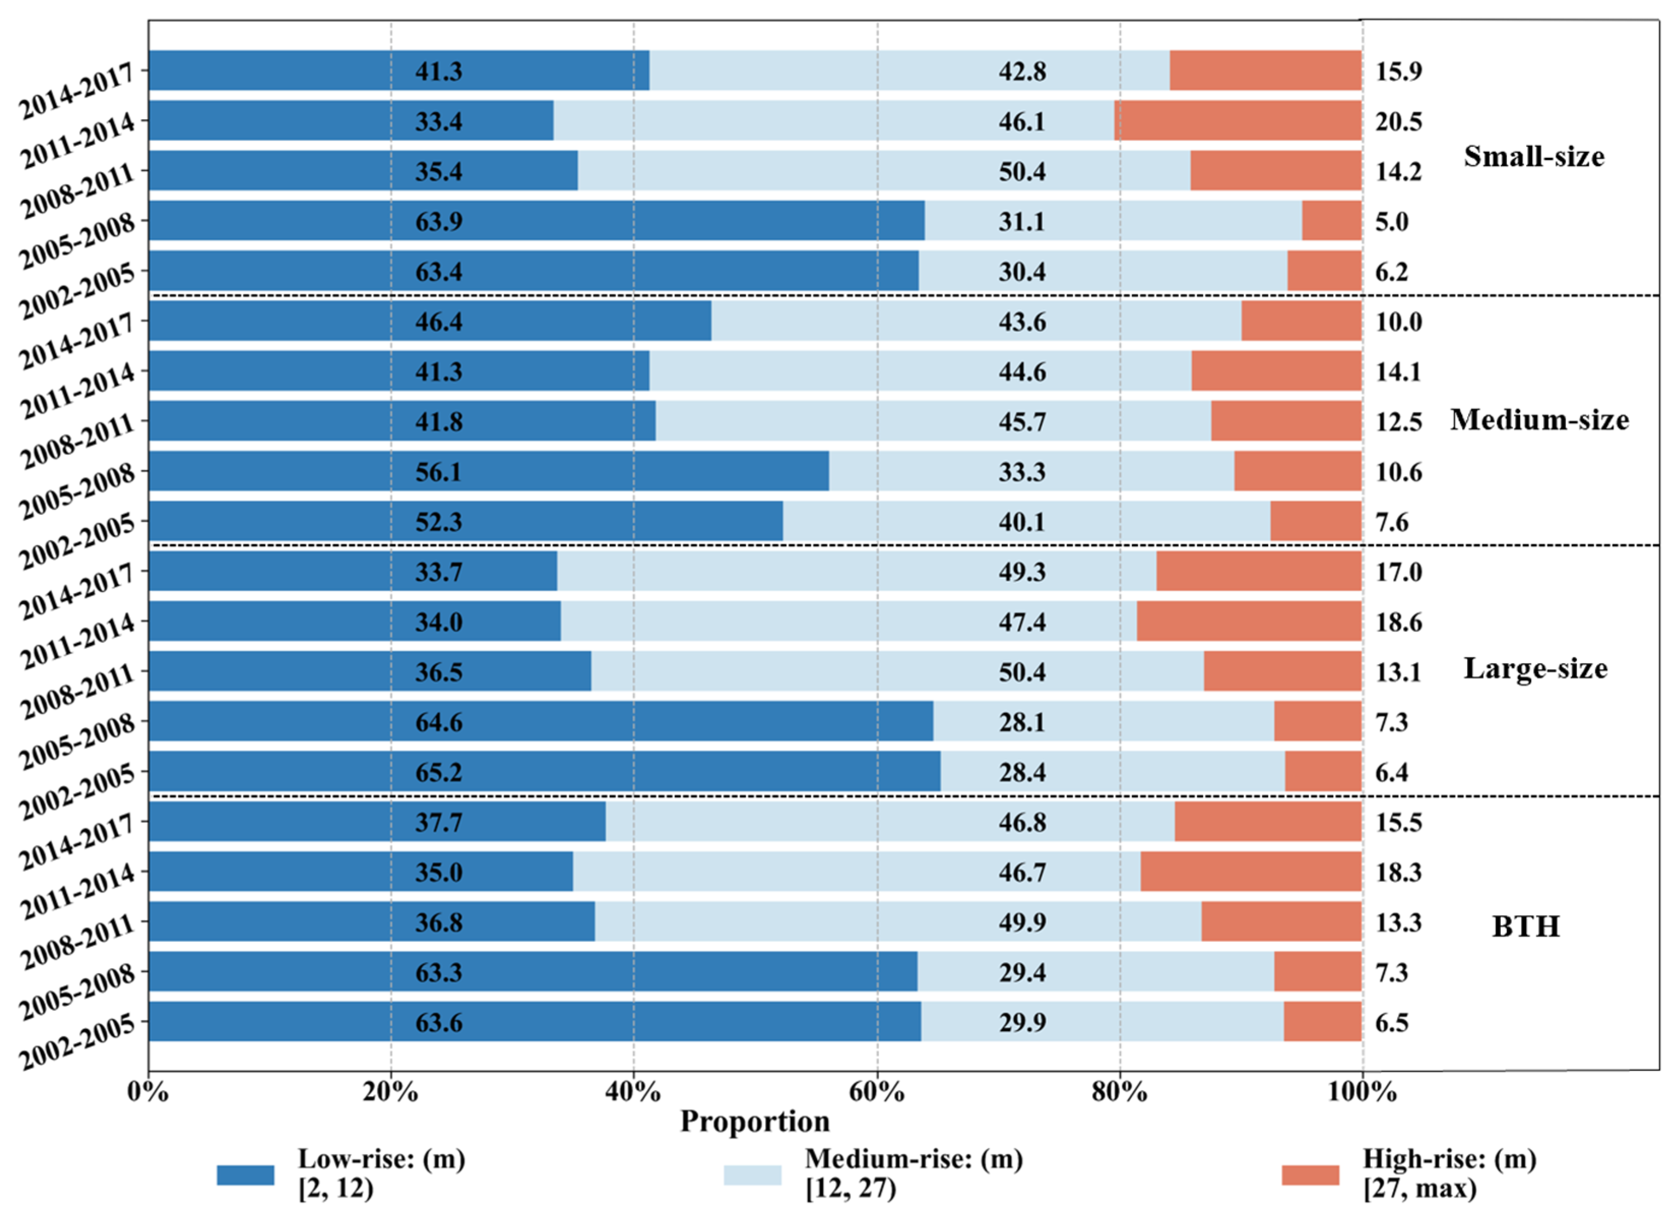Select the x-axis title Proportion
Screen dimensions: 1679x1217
(x=755, y=1122)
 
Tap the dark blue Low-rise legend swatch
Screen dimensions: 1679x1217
(x=245, y=1175)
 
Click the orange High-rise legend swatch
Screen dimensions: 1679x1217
(x=1310, y=1175)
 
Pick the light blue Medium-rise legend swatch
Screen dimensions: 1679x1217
(x=752, y=1175)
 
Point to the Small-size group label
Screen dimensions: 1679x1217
(x=1534, y=156)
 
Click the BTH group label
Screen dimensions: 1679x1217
(x=1526, y=926)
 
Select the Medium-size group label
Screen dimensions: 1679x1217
(x=1540, y=420)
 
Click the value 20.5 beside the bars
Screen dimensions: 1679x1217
(x=1399, y=121)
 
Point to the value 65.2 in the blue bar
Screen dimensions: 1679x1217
(x=438, y=772)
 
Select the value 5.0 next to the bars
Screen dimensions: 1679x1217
(x=1392, y=221)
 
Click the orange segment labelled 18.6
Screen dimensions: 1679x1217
(x=1249, y=621)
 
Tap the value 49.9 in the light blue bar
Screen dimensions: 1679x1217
(x=1022, y=923)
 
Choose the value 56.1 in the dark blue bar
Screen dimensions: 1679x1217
(x=438, y=472)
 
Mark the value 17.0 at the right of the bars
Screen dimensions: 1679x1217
(x=1399, y=572)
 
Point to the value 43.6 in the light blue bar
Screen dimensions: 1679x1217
(x=1022, y=321)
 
